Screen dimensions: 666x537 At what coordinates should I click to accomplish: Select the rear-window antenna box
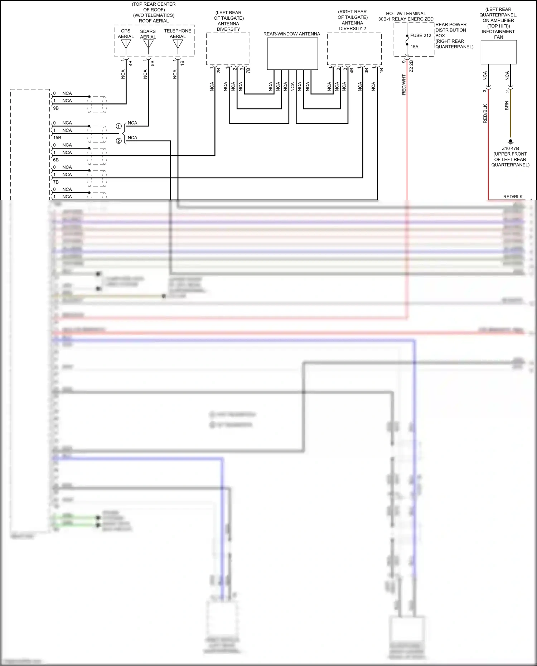(292, 54)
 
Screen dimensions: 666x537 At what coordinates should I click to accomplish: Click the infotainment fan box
(498, 52)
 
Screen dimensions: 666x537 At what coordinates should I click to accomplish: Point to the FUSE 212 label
(421, 35)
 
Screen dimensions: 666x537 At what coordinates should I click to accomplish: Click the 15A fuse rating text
(415, 47)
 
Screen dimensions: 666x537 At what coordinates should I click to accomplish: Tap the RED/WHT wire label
(404, 85)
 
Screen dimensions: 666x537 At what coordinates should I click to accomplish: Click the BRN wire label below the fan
(507, 106)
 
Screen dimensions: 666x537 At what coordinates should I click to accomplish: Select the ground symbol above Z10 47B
(511, 142)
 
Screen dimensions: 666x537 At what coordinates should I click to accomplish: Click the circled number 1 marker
(118, 126)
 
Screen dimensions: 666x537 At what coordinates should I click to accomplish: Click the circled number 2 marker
(118, 141)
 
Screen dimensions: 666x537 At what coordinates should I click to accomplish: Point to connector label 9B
(56, 108)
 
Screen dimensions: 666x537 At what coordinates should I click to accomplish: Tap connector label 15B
(57, 138)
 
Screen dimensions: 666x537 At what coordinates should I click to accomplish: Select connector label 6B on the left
(56, 160)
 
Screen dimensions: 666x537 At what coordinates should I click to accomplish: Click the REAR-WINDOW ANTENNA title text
(292, 34)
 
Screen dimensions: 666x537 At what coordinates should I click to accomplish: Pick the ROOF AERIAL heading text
(154, 21)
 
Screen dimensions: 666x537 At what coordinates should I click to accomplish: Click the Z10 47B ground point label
(510, 149)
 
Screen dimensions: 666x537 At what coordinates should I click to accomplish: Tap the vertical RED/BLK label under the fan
(485, 114)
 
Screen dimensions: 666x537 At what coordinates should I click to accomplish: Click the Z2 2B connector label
(411, 66)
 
